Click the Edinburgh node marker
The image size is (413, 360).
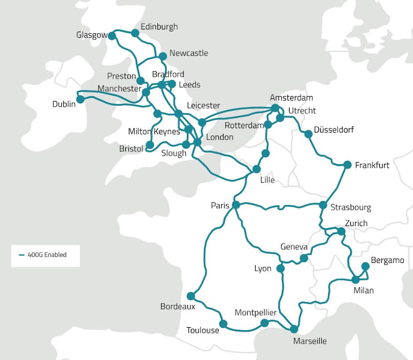point(135,33)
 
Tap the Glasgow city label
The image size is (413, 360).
point(92,35)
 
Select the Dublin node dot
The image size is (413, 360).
point(80,99)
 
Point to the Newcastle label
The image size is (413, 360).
point(188,53)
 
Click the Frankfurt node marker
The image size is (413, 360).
point(347,165)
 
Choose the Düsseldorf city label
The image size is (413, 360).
point(334,130)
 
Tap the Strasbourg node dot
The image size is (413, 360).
point(323,205)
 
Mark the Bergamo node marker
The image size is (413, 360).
point(365,266)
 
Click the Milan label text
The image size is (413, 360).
point(363,290)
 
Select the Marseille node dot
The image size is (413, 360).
point(294,329)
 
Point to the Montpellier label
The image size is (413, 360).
point(256,313)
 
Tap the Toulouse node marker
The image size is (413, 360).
point(223,324)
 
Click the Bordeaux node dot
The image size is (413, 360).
point(191,296)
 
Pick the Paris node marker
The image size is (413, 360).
point(236,205)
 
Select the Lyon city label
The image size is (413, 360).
point(263,268)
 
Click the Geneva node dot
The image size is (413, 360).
point(304,258)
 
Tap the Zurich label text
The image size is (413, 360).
point(356,223)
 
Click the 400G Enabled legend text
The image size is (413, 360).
point(47,254)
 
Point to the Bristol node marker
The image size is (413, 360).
point(149,144)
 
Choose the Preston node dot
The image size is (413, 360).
point(141,81)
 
